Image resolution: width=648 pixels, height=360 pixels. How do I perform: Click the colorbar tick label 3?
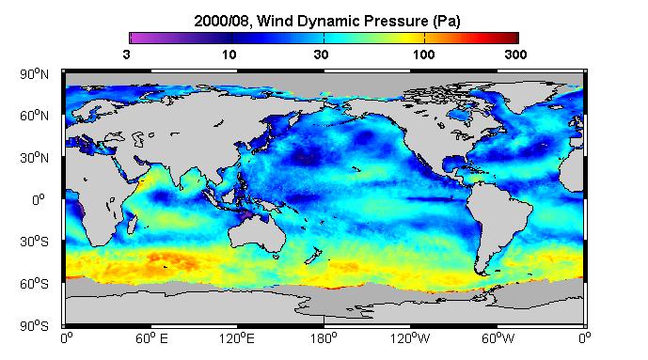point(126,55)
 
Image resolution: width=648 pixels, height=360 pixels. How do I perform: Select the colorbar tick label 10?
point(229,55)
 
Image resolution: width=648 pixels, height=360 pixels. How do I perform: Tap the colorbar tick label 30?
point(321,55)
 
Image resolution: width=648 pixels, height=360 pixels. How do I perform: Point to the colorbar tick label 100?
point(424,55)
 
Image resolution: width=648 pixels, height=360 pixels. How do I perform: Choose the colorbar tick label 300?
point(515,55)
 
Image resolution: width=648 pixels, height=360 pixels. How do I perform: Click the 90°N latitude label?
point(34,74)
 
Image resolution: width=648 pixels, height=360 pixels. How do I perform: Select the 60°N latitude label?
point(34,116)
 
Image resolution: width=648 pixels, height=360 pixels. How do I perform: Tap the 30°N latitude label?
point(34,158)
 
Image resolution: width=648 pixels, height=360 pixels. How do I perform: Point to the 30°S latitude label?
point(34,242)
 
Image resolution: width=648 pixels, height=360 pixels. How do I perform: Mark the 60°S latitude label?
point(34,284)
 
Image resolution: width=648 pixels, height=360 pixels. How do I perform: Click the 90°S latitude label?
point(34,326)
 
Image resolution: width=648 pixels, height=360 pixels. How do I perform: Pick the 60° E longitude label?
point(151,339)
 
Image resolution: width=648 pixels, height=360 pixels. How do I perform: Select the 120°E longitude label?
point(237,339)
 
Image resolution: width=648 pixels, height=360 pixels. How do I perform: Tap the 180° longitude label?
point(324,339)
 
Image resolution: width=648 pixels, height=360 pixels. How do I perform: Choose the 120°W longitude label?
point(410,339)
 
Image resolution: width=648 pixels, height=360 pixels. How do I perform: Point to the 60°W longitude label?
point(498,339)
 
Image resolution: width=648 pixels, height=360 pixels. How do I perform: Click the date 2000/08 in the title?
point(222,21)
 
